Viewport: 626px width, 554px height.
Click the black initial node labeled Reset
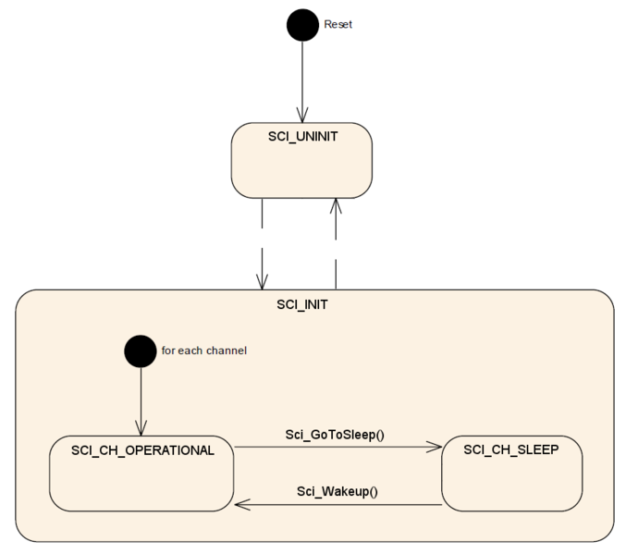pyautogui.click(x=302, y=25)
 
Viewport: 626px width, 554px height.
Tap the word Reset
pyautogui.click(x=338, y=24)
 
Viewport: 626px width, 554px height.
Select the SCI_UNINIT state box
pyautogui.click(x=301, y=160)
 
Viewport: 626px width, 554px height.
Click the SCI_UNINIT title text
pyautogui.click(x=302, y=137)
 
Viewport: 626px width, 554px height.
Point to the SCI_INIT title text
pyautogui.click(x=302, y=305)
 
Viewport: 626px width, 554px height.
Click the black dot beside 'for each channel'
pyautogui.click(x=141, y=351)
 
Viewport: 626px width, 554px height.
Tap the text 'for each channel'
pyautogui.click(x=204, y=351)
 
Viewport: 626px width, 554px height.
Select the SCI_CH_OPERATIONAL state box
pyautogui.click(x=141, y=474)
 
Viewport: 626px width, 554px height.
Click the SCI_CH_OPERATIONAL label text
pyautogui.click(x=142, y=450)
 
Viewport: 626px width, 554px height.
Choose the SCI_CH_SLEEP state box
pyautogui.click(x=512, y=474)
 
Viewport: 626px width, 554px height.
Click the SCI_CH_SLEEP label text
pyautogui.click(x=511, y=449)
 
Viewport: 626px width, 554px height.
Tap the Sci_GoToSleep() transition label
pyautogui.click(x=335, y=435)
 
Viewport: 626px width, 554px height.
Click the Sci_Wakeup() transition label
pyautogui.click(x=338, y=491)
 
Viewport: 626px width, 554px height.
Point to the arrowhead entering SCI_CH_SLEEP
pyautogui.click(x=435, y=447)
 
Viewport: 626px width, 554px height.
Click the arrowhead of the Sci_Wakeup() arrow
pyautogui.click(x=242, y=504)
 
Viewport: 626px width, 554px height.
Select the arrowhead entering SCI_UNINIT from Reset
pyautogui.click(x=302, y=115)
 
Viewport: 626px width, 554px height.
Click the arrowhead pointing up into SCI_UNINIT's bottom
pyautogui.click(x=336, y=206)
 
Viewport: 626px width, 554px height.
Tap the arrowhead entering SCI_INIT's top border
pyautogui.click(x=262, y=282)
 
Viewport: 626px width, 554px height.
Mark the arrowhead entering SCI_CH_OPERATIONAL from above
pyautogui.click(x=141, y=428)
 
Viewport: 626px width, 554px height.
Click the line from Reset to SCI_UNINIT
pyautogui.click(x=302, y=82)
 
